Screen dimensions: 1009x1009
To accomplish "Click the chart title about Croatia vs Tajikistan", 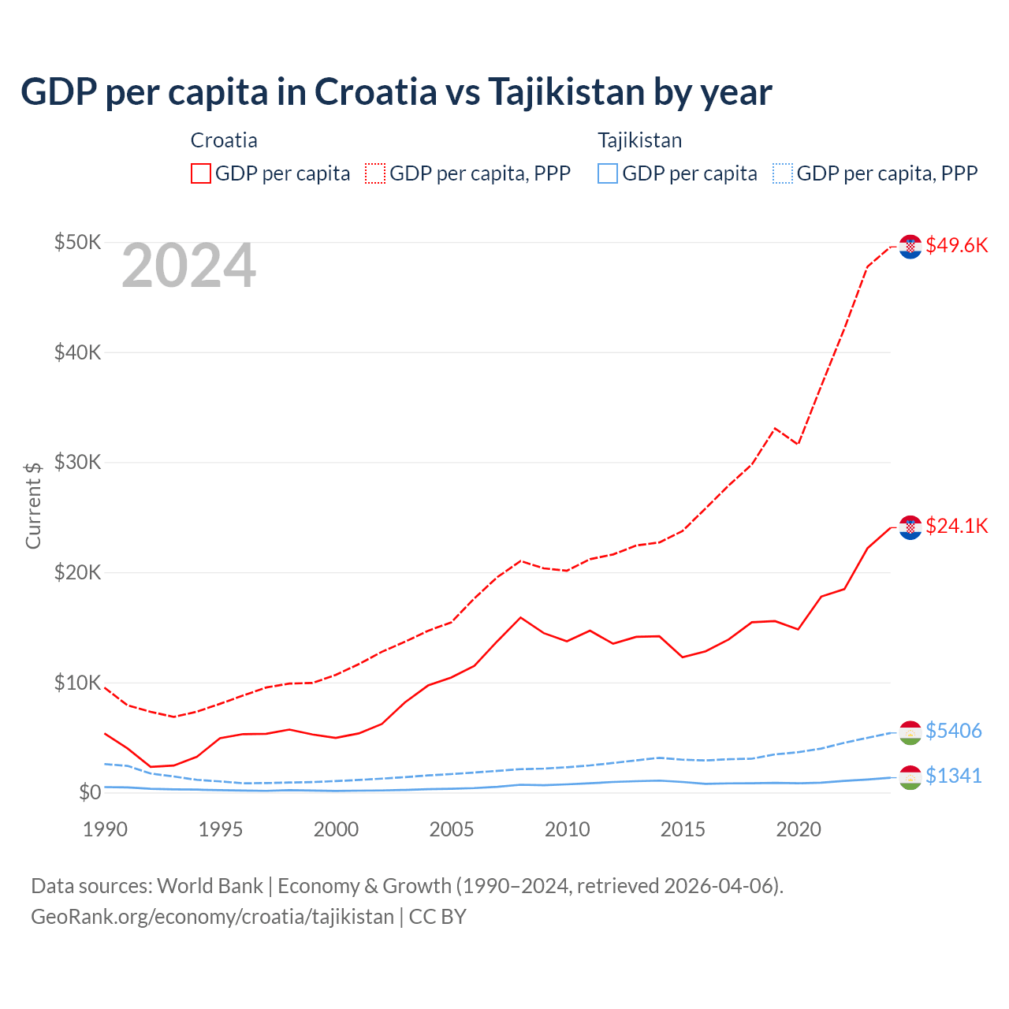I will click(x=396, y=92).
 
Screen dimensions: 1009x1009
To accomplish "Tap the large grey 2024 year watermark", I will click(x=188, y=266).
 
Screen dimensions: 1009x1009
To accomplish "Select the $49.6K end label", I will click(x=956, y=245).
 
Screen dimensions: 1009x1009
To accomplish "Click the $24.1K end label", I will click(x=956, y=526).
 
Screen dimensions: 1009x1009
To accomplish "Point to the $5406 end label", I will click(x=953, y=731).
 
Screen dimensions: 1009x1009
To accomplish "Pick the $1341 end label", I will click(x=953, y=776).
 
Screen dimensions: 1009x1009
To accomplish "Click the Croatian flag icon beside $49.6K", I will click(x=910, y=246).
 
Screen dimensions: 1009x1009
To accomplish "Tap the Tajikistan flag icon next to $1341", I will click(x=910, y=777).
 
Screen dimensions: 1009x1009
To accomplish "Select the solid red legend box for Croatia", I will click(x=201, y=173).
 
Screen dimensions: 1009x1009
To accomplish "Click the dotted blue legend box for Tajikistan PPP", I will click(x=783, y=173).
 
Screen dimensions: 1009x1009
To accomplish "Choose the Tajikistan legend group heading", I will click(x=639, y=140).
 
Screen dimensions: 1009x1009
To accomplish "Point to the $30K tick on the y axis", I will click(x=77, y=462).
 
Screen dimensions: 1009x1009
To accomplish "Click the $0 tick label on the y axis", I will click(x=89, y=792).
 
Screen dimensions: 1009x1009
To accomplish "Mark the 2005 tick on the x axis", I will click(x=452, y=829).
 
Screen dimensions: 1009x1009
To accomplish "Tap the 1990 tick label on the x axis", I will click(x=105, y=829).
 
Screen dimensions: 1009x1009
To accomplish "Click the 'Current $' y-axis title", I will click(x=33, y=505).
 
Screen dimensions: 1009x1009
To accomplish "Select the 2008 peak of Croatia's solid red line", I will click(x=520, y=617).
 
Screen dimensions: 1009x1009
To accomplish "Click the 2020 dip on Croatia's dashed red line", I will click(x=798, y=443).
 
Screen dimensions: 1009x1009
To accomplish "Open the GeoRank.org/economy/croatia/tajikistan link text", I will click(x=212, y=917).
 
